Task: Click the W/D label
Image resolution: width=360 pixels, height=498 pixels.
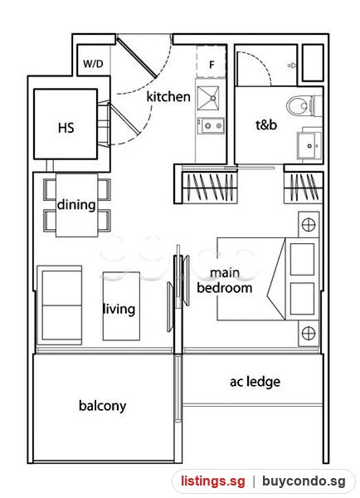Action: click(93, 64)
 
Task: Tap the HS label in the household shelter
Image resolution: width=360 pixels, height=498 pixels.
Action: click(66, 128)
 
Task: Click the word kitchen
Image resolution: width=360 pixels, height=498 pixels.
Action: click(168, 96)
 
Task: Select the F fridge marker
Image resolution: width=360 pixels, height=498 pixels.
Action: click(212, 65)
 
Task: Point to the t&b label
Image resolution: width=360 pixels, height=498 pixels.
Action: click(266, 124)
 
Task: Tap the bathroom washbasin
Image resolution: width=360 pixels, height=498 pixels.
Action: click(309, 145)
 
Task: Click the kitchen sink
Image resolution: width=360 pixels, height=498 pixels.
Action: click(208, 98)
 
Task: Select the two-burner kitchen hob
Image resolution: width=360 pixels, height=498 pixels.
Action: click(211, 126)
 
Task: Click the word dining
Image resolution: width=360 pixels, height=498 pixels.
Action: click(76, 204)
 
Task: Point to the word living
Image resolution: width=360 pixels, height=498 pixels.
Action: click(119, 309)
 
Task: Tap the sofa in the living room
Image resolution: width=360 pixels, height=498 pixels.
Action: click(60, 305)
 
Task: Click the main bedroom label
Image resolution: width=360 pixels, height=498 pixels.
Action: click(225, 281)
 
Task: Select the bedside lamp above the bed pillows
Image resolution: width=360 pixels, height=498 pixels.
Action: click(309, 225)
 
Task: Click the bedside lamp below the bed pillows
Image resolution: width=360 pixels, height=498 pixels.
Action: click(309, 333)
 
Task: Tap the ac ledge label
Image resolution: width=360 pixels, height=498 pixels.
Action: click(255, 382)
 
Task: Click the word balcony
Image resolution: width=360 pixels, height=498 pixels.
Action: click(102, 406)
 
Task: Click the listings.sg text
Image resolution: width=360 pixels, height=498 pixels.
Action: click(213, 481)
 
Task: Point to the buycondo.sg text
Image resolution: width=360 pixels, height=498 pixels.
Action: click(304, 481)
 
